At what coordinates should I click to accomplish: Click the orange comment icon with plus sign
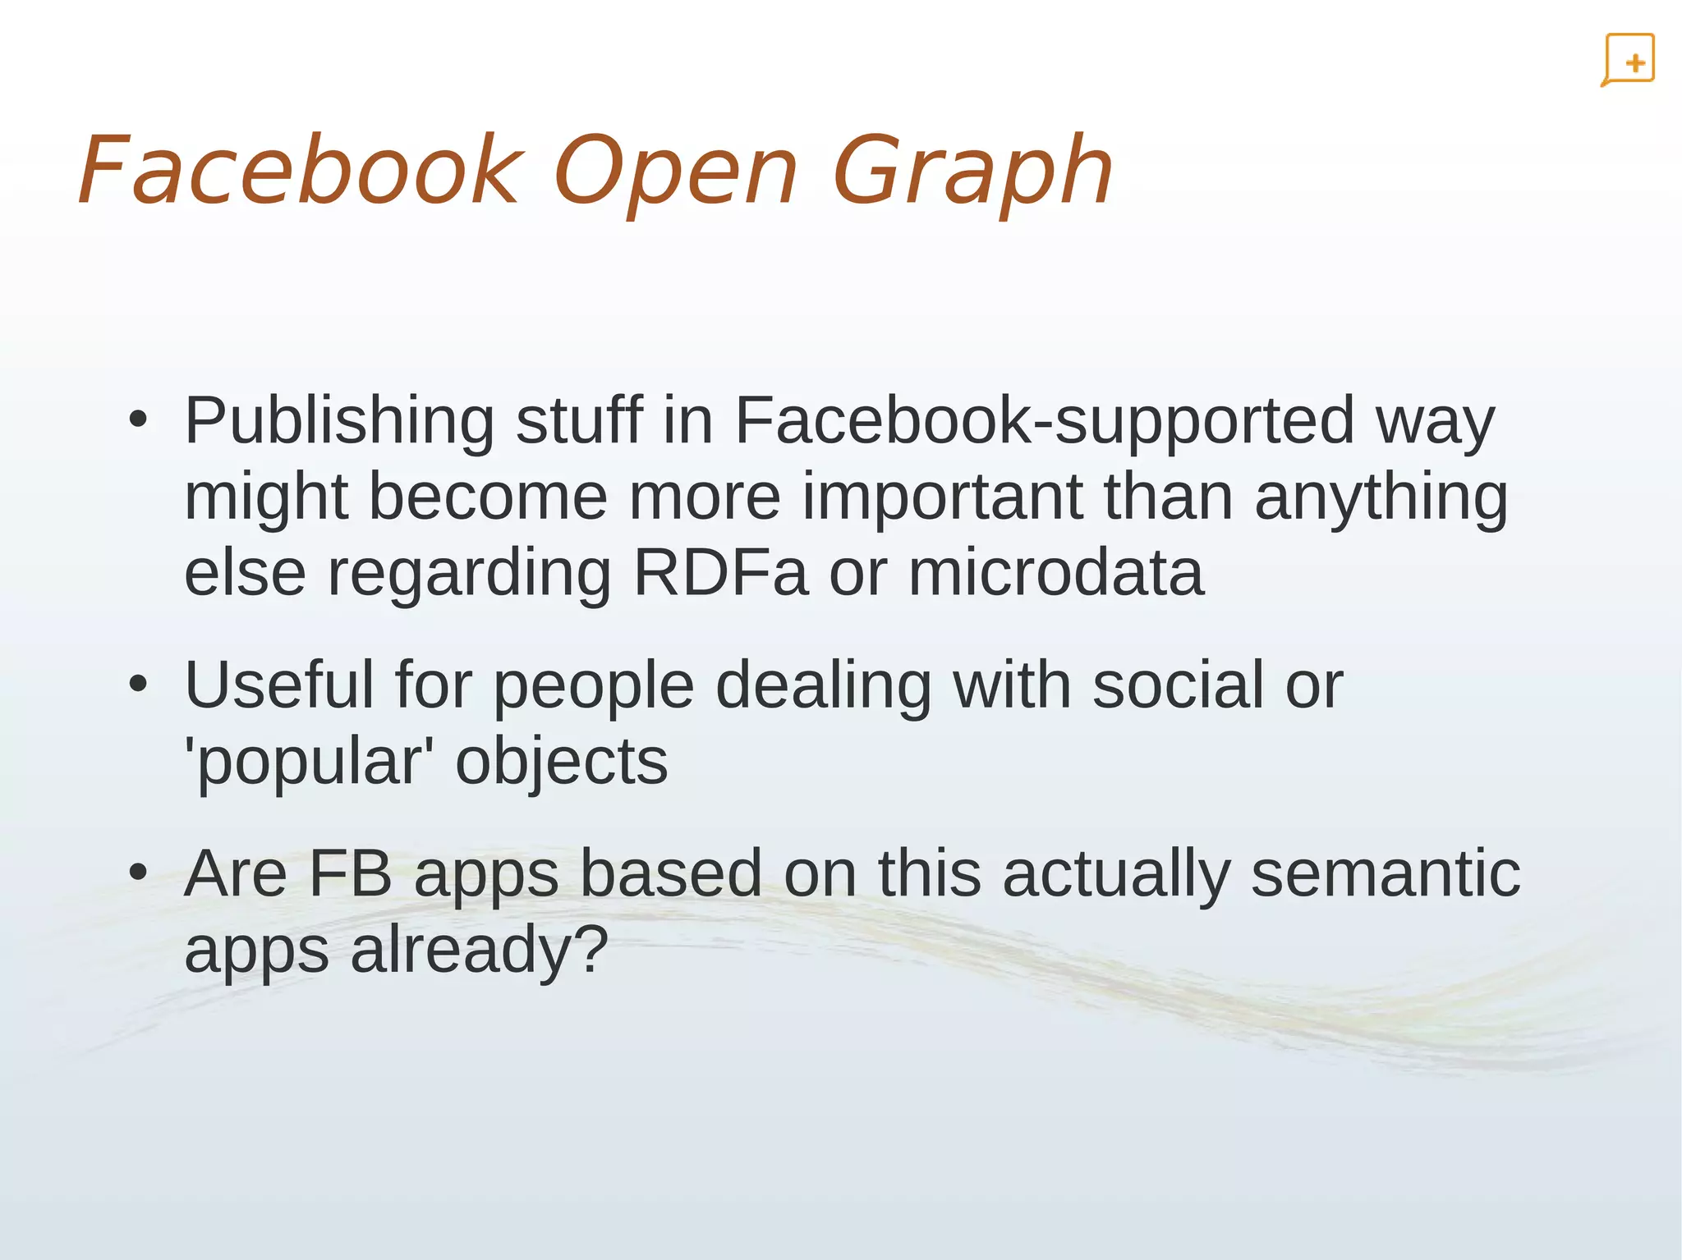click(1628, 60)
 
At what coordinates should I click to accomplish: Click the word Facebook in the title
click(299, 171)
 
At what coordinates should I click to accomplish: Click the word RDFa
click(720, 572)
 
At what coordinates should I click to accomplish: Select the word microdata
click(1055, 572)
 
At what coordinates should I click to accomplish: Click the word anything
click(1381, 498)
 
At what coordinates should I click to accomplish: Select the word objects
click(562, 763)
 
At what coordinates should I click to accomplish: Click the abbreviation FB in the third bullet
click(351, 873)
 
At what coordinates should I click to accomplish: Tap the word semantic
click(1385, 873)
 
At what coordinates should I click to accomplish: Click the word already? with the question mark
click(480, 950)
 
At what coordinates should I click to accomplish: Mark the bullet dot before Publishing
click(138, 420)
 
